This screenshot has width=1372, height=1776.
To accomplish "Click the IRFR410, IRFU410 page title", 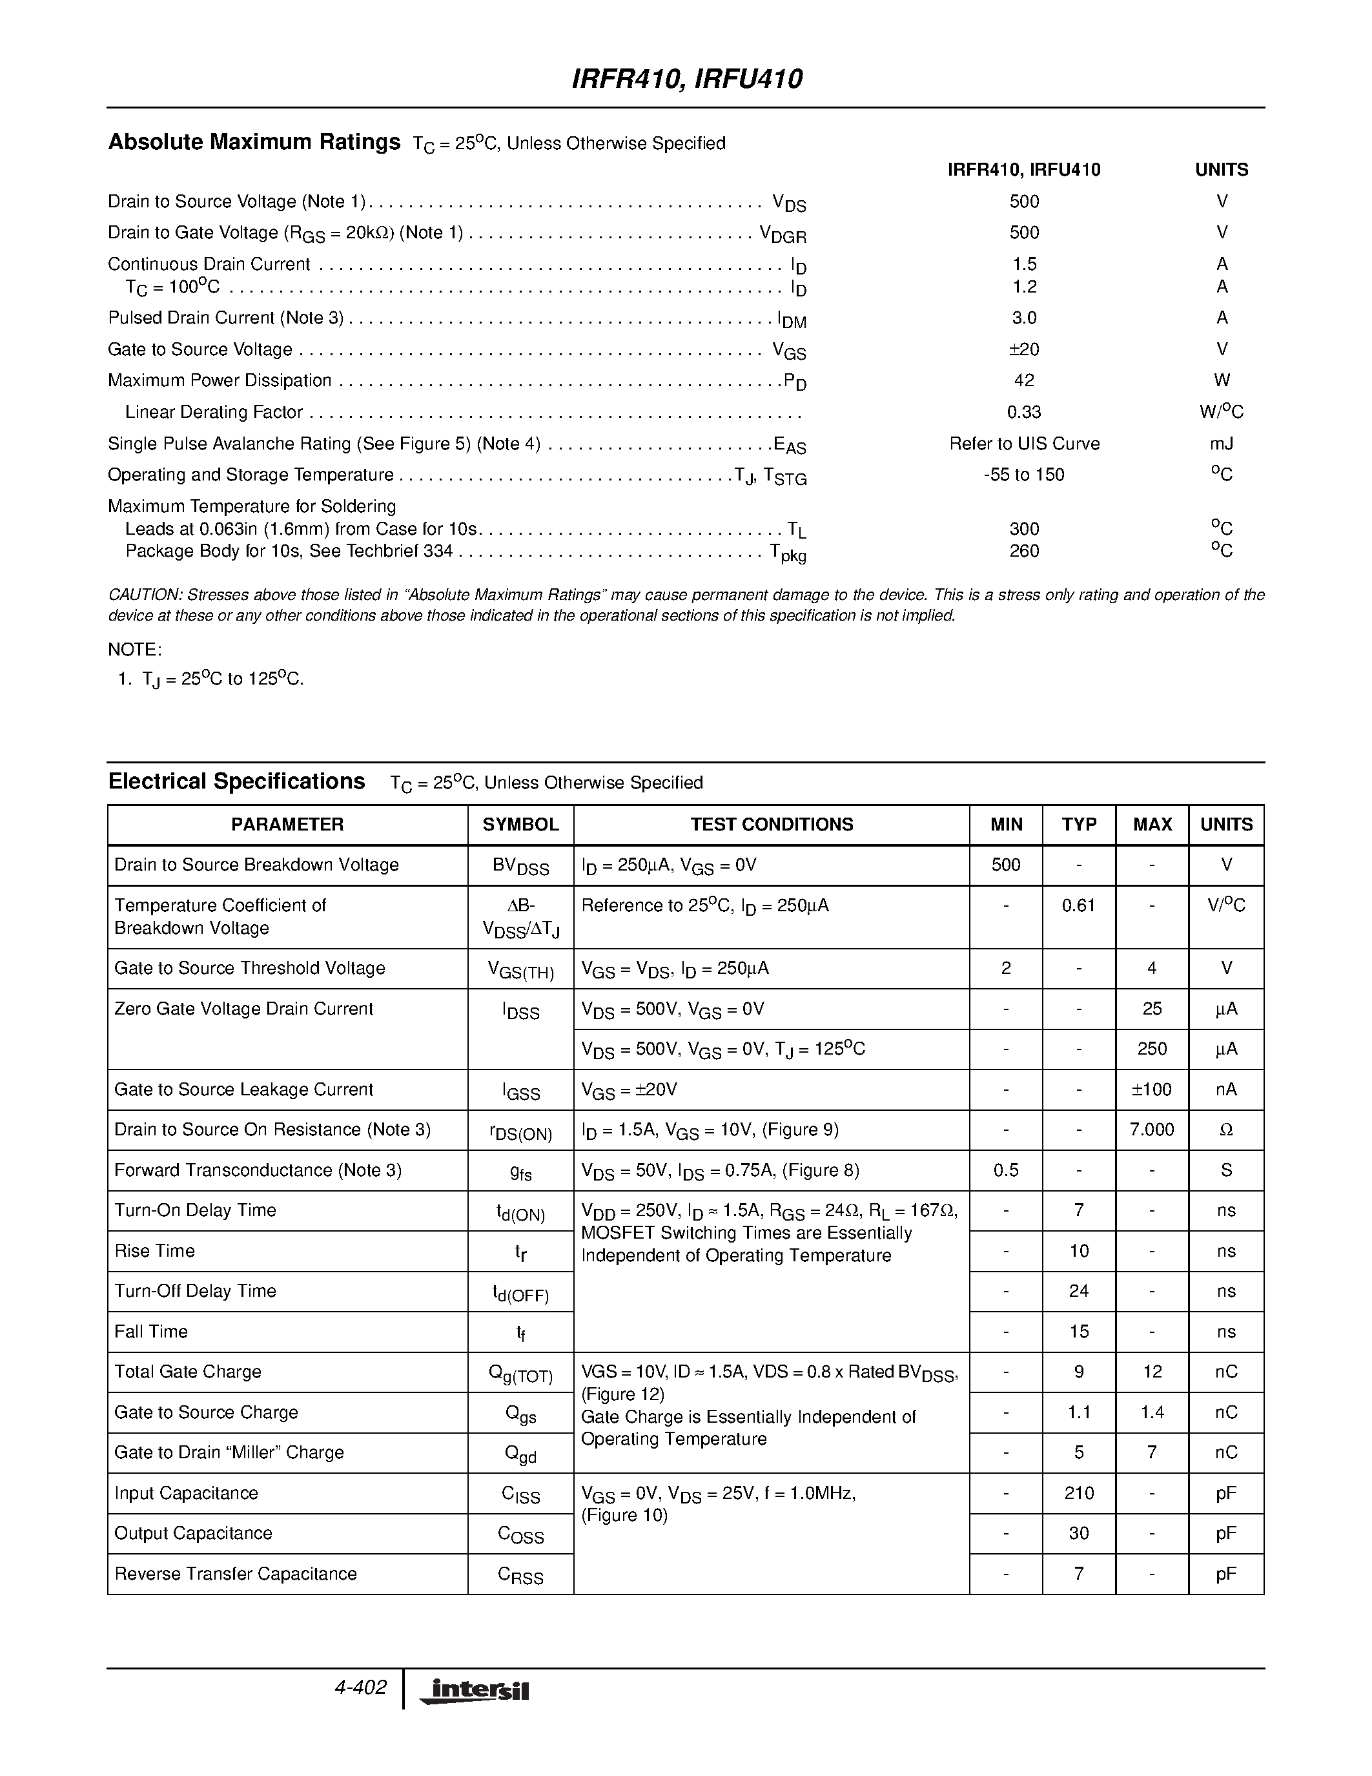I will [687, 79].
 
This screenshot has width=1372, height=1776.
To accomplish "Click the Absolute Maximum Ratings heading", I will [254, 142].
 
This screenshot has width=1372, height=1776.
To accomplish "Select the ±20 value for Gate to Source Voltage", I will [1023, 349].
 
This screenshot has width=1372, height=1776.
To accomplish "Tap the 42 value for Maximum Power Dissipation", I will [1023, 380].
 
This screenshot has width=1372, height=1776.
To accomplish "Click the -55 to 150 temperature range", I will [1023, 475].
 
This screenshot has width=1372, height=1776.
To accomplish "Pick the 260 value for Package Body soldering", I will [1023, 552].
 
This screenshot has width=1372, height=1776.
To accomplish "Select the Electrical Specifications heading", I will [236, 781].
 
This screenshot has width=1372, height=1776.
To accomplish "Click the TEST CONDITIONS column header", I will [772, 825].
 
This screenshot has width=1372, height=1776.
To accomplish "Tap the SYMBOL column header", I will [520, 825].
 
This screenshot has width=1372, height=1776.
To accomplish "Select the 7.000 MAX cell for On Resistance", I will [1152, 1130].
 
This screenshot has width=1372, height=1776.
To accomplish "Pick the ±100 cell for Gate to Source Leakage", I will [1152, 1089].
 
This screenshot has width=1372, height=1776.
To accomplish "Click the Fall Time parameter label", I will [151, 1332].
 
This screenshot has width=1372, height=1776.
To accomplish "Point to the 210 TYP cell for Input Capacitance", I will [1079, 1494].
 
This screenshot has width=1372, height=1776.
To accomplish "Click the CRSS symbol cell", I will [520, 1575].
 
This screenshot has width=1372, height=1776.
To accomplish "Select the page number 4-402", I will [360, 1688].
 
